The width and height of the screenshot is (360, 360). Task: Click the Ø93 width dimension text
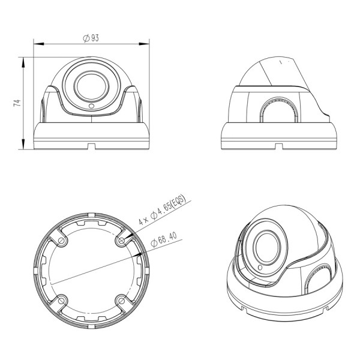91,37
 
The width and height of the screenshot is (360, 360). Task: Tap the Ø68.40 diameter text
166,240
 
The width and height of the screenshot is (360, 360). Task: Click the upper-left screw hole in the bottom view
62,239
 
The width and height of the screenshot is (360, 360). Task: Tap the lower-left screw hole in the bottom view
62,299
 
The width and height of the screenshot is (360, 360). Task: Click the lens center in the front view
91,86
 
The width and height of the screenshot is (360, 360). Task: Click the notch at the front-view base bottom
91,144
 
